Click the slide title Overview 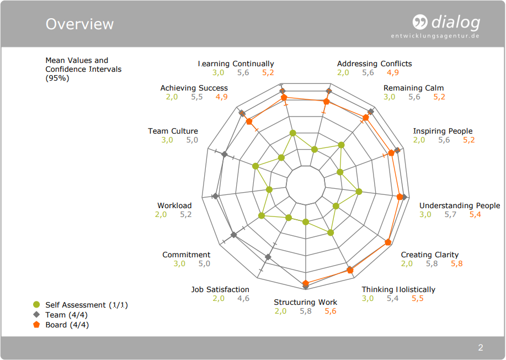pyautogui.click(x=79, y=24)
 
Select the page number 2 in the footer pyautogui.click(x=481, y=348)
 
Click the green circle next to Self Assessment pyautogui.click(x=36, y=305)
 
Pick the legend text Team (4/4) pyautogui.click(x=67, y=315)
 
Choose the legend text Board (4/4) pyautogui.click(x=67, y=325)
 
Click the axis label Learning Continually pyautogui.click(x=236, y=64)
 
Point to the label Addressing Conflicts pyautogui.click(x=374, y=64)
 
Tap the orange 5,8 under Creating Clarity pyautogui.click(x=457, y=263)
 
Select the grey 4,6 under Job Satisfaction pyautogui.click(x=243, y=298)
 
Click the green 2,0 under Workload pyautogui.click(x=161, y=214)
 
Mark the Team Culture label pyautogui.click(x=173, y=131)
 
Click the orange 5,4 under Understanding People pyautogui.click(x=475, y=214)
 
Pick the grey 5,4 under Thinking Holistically pyautogui.click(x=392, y=298)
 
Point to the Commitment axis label pyautogui.click(x=186, y=255)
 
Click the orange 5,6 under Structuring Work pyautogui.click(x=331, y=311)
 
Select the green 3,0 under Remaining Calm pyautogui.click(x=390, y=97)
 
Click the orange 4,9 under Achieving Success pyautogui.click(x=221, y=97)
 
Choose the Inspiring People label pyautogui.click(x=443, y=131)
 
